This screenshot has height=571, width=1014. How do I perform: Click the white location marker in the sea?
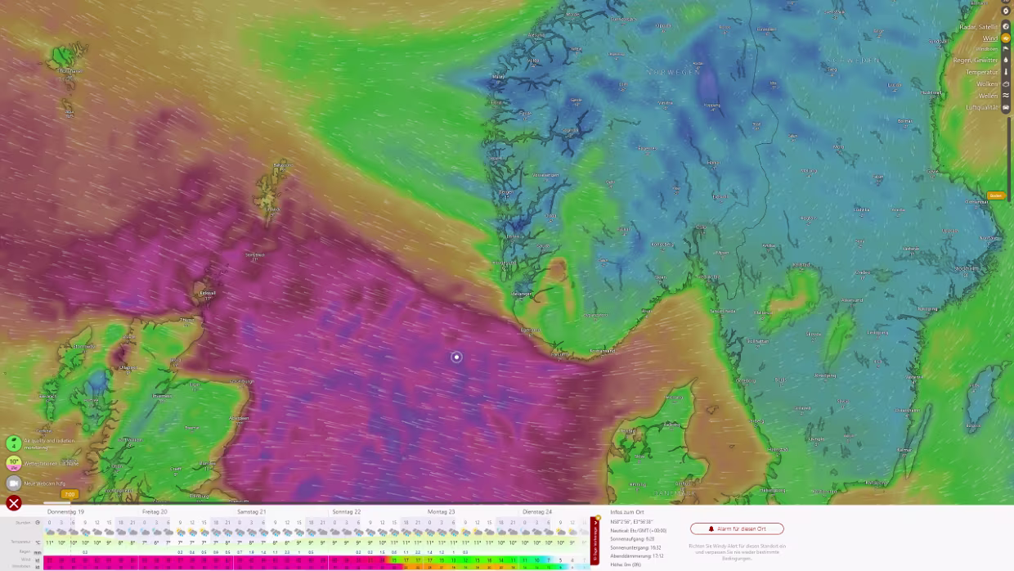point(456,357)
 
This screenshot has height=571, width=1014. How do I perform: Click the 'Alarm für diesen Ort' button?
point(737,528)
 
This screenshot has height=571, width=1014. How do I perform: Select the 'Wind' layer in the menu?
point(989,38)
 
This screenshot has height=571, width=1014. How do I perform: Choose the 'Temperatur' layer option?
point(981,72)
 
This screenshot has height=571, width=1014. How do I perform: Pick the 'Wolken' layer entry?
point(987,84)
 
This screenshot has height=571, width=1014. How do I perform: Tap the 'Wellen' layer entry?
point(988,96)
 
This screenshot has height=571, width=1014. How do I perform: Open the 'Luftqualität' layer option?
point(981,107)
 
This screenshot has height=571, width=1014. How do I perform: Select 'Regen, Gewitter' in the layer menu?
point(975,61)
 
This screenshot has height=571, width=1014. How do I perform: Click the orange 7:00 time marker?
point(70,494)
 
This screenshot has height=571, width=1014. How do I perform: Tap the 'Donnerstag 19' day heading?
point(65,511)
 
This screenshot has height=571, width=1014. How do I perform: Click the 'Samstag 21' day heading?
point(251,511)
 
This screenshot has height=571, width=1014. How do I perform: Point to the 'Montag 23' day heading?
point(441,511)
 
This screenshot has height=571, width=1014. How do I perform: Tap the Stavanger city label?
point(522,293)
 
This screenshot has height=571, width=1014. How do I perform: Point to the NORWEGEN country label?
point(674,72)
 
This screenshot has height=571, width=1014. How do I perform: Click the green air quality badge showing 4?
point(13,443)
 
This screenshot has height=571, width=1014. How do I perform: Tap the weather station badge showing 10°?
point(14,462)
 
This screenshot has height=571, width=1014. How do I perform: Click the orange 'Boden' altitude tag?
point(995,196)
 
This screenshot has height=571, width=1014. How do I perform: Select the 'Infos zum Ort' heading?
point(627,512)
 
